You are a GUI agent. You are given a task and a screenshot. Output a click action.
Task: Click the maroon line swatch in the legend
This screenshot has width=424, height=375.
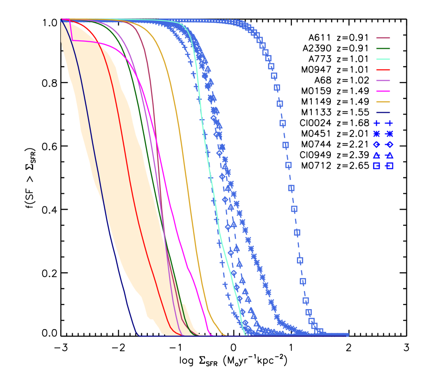pos(383,38)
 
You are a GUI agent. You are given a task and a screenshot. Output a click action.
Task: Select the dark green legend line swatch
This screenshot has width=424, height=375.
pos(383,49)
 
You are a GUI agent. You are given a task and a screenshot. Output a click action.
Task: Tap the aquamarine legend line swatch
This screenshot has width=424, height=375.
pos(383,59)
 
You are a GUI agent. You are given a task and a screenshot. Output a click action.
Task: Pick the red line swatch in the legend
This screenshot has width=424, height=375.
pos(383,70)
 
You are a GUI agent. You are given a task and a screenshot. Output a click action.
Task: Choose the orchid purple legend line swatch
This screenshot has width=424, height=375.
pos(383,81)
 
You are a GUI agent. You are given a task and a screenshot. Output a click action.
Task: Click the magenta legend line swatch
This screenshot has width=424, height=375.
pos(383,91)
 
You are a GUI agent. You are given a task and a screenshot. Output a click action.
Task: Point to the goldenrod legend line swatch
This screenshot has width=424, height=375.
pos(383,102)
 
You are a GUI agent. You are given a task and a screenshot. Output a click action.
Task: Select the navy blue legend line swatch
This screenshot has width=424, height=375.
pos(383,113)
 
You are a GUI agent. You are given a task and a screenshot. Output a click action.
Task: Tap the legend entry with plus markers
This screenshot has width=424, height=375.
pos(383,123)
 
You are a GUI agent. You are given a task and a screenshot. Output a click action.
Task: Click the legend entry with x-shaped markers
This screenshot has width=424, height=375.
pos(383,134)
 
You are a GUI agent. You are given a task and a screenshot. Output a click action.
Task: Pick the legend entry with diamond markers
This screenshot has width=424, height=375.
pos(383,145)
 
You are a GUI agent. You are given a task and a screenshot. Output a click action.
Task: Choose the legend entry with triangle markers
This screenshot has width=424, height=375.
pos(383,155)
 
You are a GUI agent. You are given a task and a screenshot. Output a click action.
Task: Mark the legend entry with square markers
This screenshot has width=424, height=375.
pos(383,166)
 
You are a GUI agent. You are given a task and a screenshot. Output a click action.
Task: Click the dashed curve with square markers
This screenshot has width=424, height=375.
pos(291,188)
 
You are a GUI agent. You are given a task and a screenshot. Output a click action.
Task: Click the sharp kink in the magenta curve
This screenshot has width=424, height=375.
pos(72,41)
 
